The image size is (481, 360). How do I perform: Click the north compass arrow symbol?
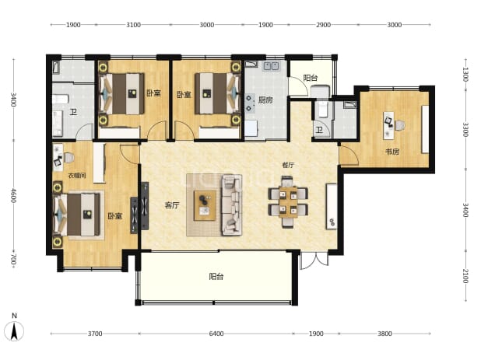click(14, 331)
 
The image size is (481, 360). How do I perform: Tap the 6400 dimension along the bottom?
click(216, 334)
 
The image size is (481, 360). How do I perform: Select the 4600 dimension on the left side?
click(13, 195)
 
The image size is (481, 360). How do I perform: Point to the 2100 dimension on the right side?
click(465, 276)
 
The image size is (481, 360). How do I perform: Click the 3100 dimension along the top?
click(133, 25)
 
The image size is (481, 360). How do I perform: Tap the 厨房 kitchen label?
click(265, 100)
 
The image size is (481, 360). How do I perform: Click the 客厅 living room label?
click(172, 205)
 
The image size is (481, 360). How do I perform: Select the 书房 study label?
click(392, 152)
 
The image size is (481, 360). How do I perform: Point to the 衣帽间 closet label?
click(77, 176)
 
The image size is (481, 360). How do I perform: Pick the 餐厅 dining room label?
click(288, 165)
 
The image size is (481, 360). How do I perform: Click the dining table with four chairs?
click(288, 201)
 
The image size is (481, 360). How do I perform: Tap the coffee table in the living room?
click(205, 205)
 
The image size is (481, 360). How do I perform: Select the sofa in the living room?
click(232, 205)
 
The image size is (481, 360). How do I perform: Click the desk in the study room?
click(389, 125)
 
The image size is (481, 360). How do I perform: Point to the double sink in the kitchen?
click(271, 66)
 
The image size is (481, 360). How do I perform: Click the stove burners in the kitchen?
click(249, 103)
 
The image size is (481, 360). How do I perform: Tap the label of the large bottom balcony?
click(216, 277)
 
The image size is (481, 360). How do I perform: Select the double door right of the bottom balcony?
click(315, 260)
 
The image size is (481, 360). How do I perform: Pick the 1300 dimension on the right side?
click(465, 75)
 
